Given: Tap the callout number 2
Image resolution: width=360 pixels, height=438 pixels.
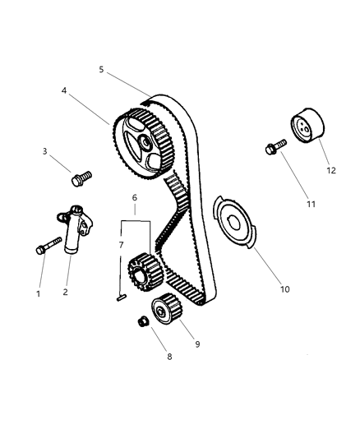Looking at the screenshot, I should click(67, 291).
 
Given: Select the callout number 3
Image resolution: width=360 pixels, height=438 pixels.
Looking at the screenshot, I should click(47, 151).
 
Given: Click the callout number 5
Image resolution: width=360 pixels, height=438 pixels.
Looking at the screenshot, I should click(101, 71).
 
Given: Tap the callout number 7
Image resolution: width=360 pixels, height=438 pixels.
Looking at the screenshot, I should click(120, 246).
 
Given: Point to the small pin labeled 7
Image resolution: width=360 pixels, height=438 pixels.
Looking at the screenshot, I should click(121, 298).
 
